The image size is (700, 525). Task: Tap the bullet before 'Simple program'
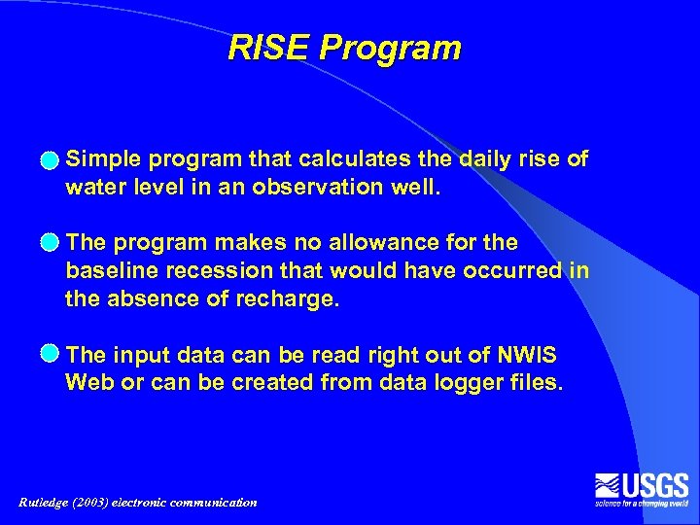pyautogui.click(x=49, y=159)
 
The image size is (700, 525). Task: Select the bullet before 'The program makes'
pyautogui.click(x=49, y=242)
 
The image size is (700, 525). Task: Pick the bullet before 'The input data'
pyautogui.click(x=49, y=353)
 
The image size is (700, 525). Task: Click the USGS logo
pyautogui.click(x=642, y=488)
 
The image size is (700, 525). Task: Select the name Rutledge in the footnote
pyautogui.click(x=48, y=503)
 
